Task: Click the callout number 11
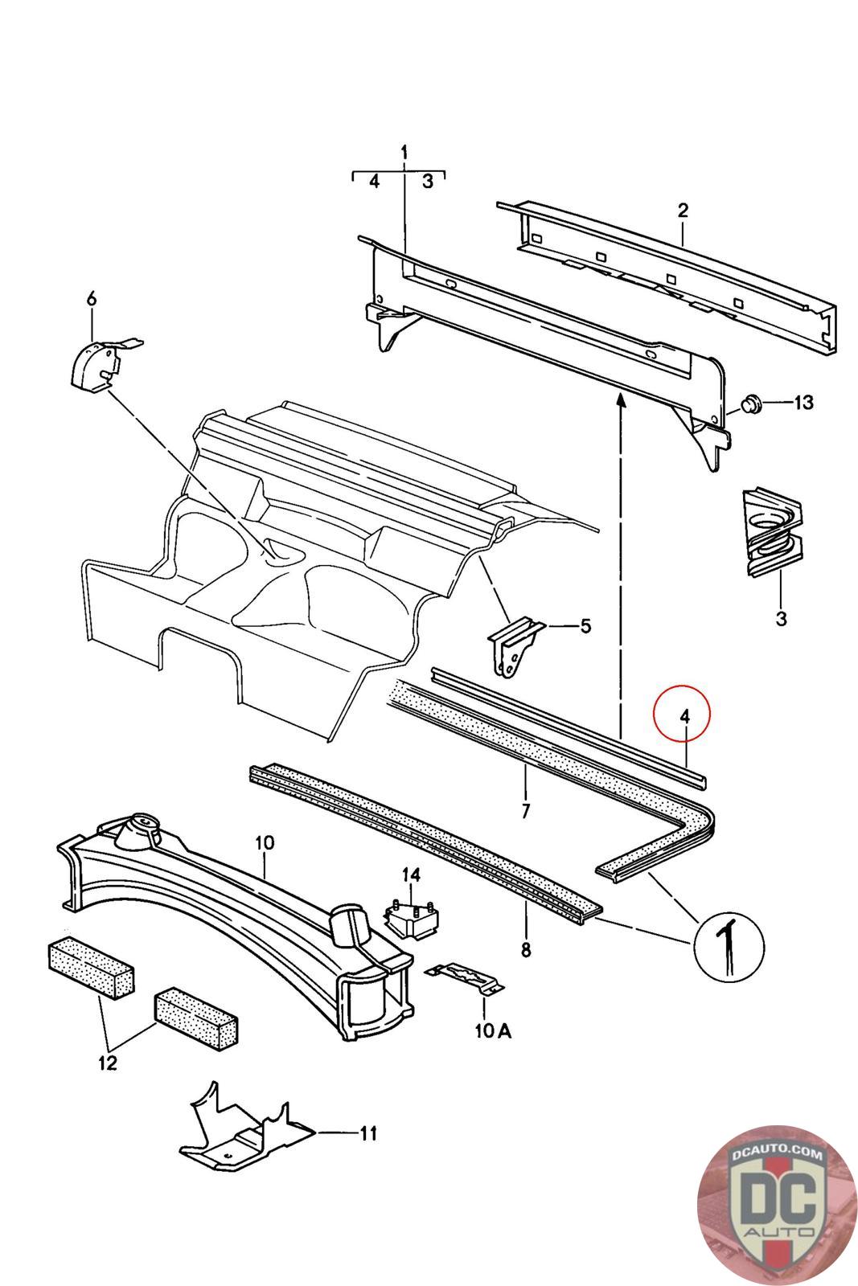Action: pyautogui.click(x=367, y=1133)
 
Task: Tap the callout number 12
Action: pyautogui.click(x=107, y=1063)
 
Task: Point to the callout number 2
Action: pyautogui.click(x=683, y=211)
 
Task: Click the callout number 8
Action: pyautogui.click(x=526, y=949)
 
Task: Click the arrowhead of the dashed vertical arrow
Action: pyautogui.click(x=621, y=401)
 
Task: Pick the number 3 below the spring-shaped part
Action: pyautogui.click(x=781, y=618)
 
